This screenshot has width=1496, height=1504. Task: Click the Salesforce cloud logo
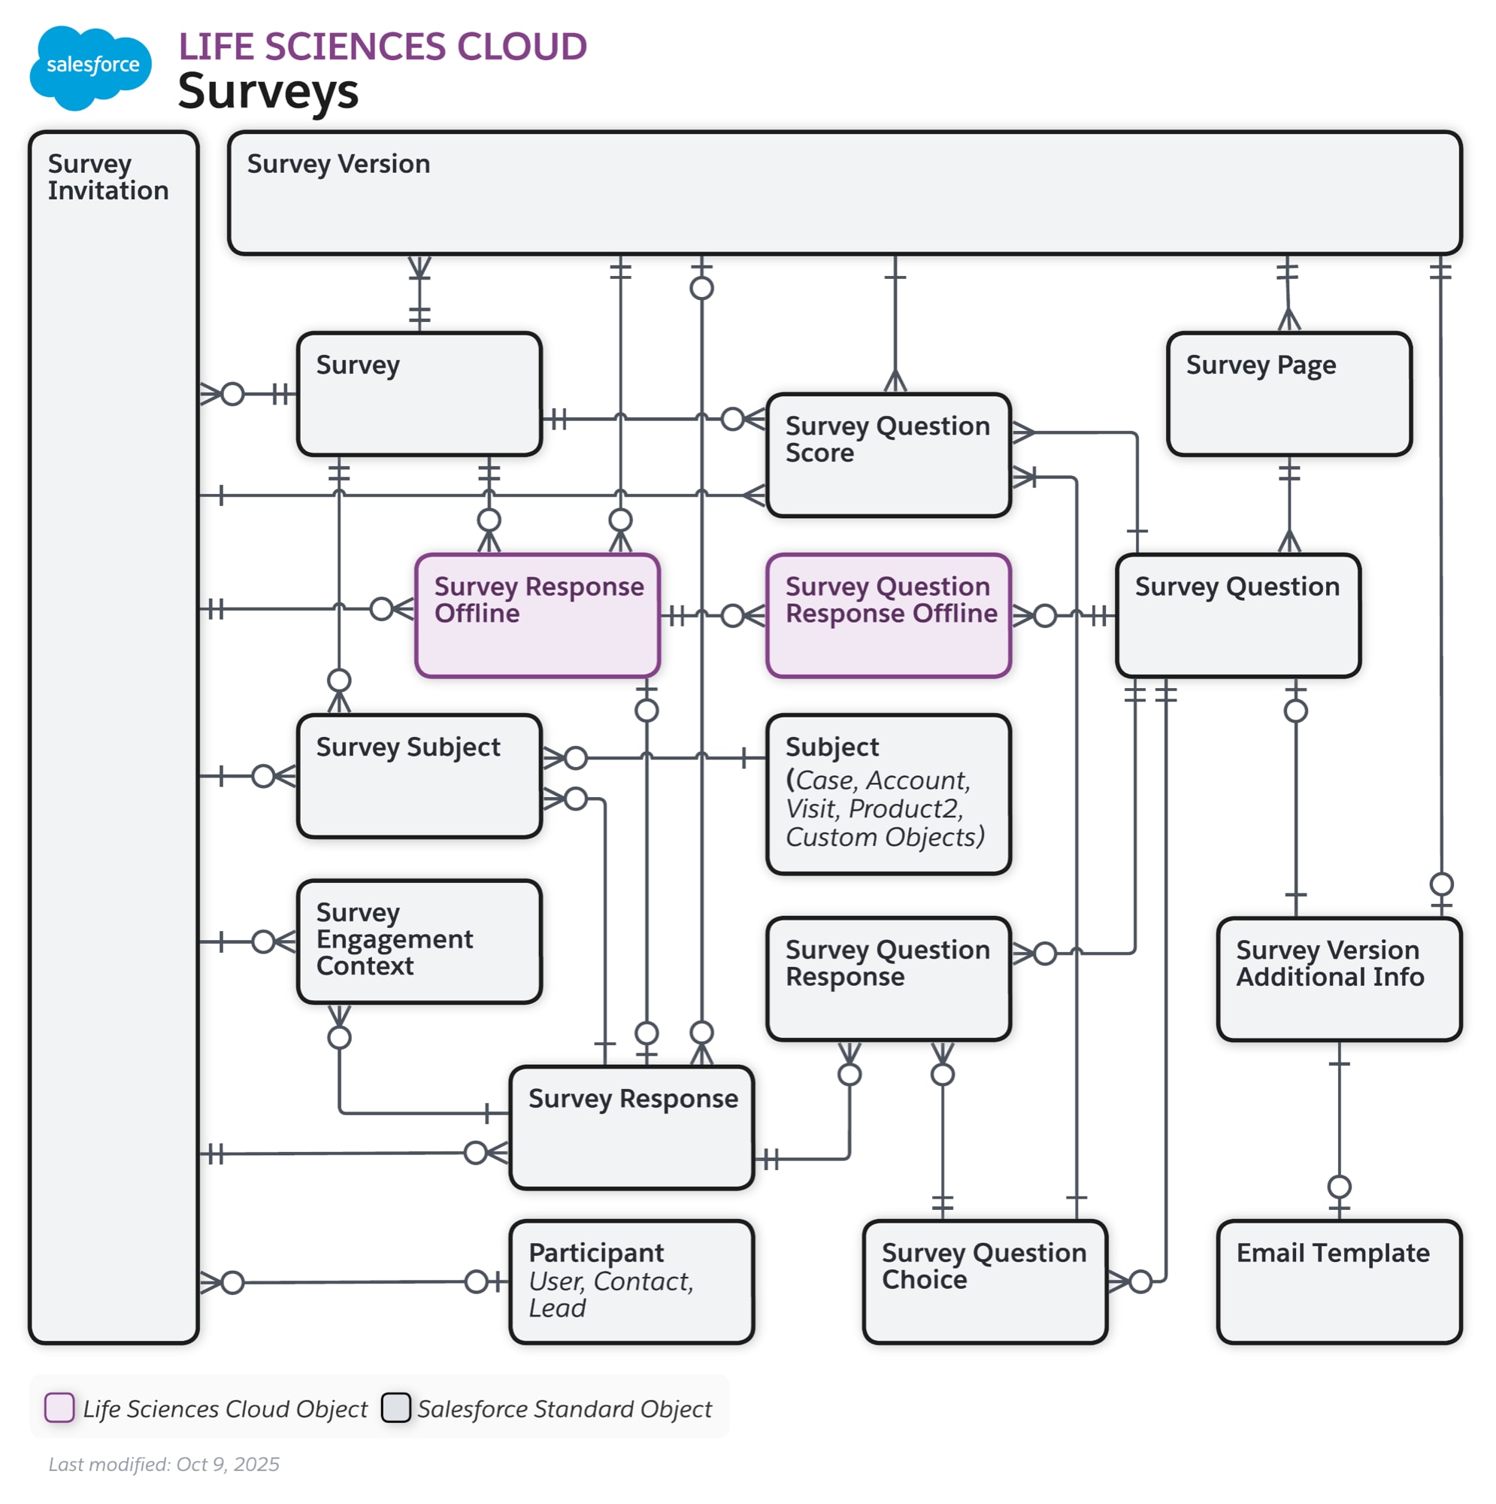pos(90,67)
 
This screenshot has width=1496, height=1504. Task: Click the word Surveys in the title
pos(268,92)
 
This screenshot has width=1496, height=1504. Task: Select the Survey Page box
pos(1289,394)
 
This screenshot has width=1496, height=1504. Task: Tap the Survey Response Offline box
pos(537,616)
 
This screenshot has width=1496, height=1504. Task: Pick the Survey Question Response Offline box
pos(888,616)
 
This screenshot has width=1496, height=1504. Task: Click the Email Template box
pos(1338,1281)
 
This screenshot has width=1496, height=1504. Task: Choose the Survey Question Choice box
pos(985,1281)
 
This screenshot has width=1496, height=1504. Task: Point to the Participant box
pos(631,1281)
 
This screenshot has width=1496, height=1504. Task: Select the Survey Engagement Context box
pos(419,942)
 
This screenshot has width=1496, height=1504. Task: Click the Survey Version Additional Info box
pos(1338,978)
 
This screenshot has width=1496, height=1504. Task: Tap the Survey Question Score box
pos(888,455)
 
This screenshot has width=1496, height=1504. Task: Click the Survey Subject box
pos(419,776)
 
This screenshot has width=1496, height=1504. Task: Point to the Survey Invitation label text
pos(108,177)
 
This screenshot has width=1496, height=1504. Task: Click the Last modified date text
pos(163,1464)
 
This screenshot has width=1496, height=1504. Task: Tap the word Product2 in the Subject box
pos(905,809)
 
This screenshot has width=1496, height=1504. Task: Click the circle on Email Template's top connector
pos(1339,1187)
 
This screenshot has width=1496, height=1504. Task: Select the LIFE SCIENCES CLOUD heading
pos(382,47)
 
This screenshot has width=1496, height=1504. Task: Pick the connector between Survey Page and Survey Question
pos(1289,505)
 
